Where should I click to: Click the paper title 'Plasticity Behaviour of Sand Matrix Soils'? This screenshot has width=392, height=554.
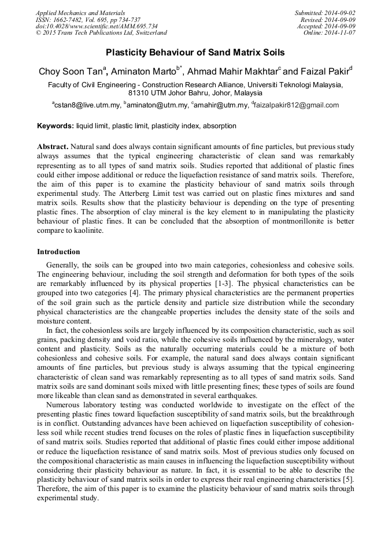[x=195, y=53]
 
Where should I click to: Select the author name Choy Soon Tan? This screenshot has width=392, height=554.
[x=71, y=72]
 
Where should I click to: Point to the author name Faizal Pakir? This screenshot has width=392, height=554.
[x=324, y=72]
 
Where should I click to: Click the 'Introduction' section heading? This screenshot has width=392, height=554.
[x=58, y=252]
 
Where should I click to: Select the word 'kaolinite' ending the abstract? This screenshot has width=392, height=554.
[x=87, y=230]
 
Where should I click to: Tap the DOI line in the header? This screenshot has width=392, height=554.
[x=96, y=26]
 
